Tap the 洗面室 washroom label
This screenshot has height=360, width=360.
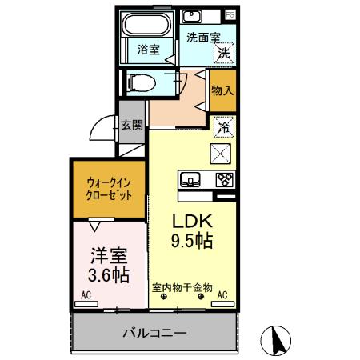(x=202, y=37)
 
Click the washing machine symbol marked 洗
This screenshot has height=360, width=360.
(x=225, y=54)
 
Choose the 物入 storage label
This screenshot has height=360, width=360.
(x=222, y=90)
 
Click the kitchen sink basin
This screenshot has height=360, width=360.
(x=190, y=179)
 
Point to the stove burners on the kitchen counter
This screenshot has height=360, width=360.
(x=223, y=179)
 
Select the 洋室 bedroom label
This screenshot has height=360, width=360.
(x=106, y=256)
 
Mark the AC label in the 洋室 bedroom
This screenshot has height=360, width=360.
(x=86, y=295)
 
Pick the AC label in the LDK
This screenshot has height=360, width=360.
(x=222, y=294)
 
